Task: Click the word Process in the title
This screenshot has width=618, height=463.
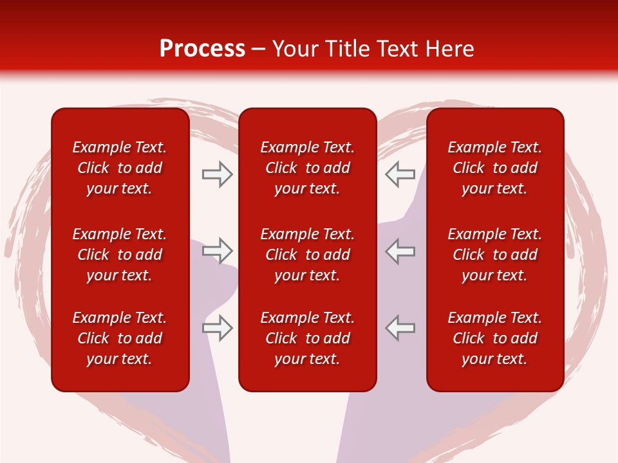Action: tap(202, 49)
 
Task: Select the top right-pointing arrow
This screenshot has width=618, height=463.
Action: tap(217, 174)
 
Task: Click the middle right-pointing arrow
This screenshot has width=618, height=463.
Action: tap(217, 251)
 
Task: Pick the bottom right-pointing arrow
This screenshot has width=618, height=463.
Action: tap(217, 328)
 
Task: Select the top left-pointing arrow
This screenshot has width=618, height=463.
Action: tap(400, 174)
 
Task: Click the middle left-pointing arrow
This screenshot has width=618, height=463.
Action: tap(400, 251)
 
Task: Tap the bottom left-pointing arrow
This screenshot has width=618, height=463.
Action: tap(400, 328)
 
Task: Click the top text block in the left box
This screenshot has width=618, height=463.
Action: tap(120, 168)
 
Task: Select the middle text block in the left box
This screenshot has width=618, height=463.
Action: tap(120, 255)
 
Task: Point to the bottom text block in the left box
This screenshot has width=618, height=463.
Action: tap(120, 338)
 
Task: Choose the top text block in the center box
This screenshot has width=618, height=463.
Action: tap(308, 168)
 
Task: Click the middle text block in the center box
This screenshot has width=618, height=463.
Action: tap(308, 255)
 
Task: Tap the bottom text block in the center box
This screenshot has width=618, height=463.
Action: tap(308, 338)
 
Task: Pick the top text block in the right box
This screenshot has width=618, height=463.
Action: tap(495, 168)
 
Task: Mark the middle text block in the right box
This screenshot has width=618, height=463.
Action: tap(495, 255)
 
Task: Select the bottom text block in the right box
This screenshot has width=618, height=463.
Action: tap(495, 338)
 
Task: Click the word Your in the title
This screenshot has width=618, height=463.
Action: tap(295, 49)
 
